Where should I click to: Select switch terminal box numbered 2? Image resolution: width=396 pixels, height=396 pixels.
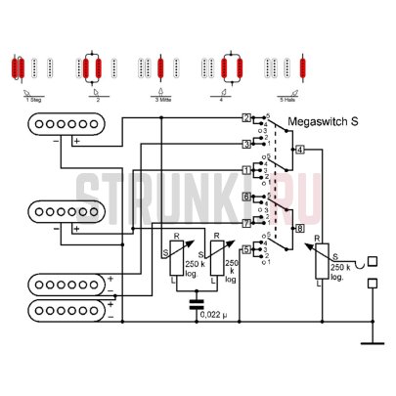pos(246,118)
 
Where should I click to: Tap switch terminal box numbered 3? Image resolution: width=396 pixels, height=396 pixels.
pos(246,144)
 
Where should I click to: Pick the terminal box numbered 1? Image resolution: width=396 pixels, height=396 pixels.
pos(246,170)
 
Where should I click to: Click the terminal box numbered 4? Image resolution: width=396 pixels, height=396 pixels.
pos(299,150)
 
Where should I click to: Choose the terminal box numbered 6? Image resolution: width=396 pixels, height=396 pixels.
pos(246,198)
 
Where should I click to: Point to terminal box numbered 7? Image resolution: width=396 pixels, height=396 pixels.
pos(246,223)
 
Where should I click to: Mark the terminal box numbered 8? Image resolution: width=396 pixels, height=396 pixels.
pos(299,229)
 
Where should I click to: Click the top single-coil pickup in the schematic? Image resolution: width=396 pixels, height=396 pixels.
pos(66,125)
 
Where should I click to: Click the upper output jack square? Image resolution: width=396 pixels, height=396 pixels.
pos(372,262)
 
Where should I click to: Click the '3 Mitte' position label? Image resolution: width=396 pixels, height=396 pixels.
pos(161,98)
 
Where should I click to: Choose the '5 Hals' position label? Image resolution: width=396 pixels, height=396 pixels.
pos(288,98)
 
